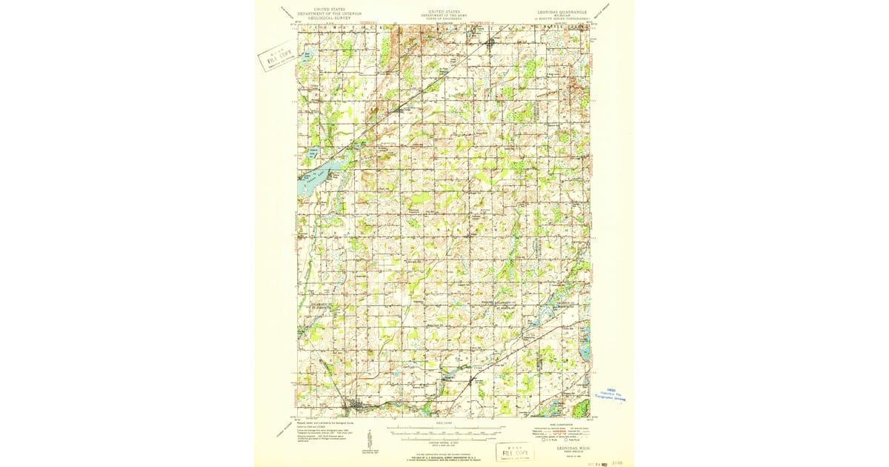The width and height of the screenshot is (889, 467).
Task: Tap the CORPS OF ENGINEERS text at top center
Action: [444, 20]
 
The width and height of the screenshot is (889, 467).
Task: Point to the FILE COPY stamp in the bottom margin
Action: [513, 451]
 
